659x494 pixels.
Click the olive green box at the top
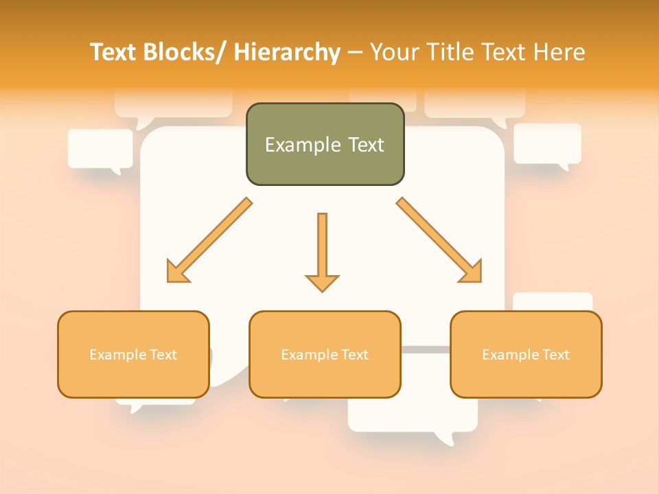click(x=325, y=144)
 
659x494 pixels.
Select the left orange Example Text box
click(x=133, y=354)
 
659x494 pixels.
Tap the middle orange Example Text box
click(x=325, y=354)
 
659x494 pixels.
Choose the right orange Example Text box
click(x=526, y=354)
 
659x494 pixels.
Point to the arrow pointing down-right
click(x=439, y=240)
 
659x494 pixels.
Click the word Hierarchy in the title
click(x=287, y=53)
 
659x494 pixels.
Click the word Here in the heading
click(x=561, y=53)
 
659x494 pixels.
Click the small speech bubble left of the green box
click(x=100, y=149)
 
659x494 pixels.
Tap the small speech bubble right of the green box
click(x=547, y=144)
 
